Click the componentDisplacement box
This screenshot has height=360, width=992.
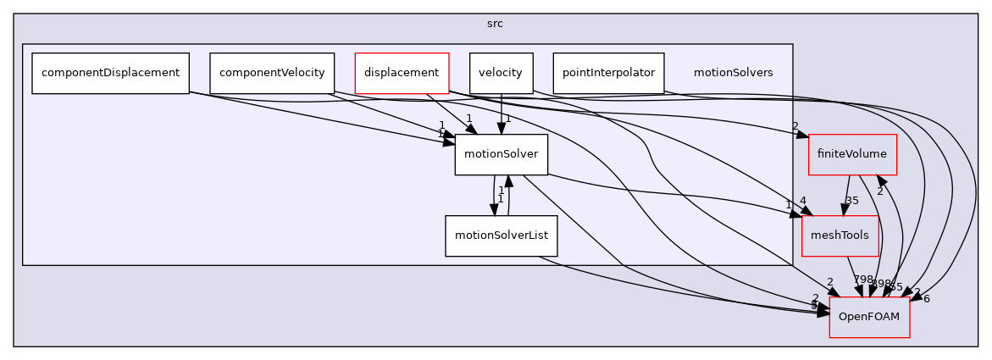(110, 73)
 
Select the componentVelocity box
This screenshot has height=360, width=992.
(272, 73)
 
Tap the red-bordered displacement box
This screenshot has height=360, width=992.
(401, 73)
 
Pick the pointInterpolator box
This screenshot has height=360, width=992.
(608, 73)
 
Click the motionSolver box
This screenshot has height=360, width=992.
(502, 154)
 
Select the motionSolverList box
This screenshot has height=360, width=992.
(501, 236)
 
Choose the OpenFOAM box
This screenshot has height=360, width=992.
(869, 317)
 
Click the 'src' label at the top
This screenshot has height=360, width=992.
(496, 24)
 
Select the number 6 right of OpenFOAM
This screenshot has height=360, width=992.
(927, 298)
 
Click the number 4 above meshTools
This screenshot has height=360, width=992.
(801, 200)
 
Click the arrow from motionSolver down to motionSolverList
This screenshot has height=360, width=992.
(495, 195)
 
